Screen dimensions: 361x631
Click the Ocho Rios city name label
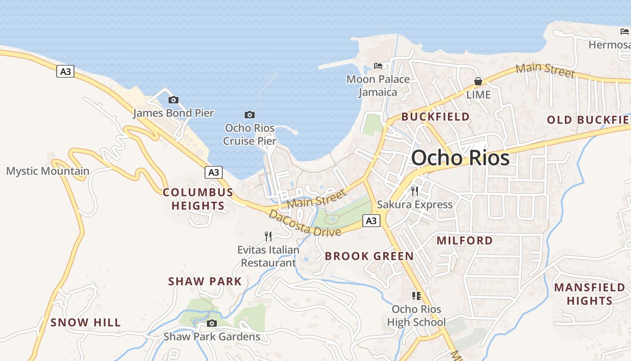[460, 158]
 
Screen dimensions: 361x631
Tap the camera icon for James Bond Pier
[173, 100]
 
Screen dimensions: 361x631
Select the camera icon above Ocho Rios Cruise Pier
[249, 115]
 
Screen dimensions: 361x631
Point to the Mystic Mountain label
[48, 171]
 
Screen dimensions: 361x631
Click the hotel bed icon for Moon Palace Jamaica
[378, 66]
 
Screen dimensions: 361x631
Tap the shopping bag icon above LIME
[478, 81]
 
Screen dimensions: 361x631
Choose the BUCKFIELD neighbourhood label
[435, 116]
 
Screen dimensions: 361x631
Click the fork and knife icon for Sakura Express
[415, 191]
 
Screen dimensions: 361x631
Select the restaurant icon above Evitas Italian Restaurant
[268, 236]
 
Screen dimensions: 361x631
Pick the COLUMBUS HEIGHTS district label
[198, 199]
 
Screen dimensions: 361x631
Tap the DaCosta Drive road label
[304, 223]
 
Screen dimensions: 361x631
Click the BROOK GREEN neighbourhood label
[369, 256]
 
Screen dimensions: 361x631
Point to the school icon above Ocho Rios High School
[416, 296]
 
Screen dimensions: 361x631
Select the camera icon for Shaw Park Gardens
[211, 323]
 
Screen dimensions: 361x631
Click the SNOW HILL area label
[86, 322]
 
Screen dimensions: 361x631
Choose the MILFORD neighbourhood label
[465, 241]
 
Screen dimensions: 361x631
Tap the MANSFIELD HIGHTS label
[590, 294]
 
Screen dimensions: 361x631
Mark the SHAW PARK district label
[205, 281]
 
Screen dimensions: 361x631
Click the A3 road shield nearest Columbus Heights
[214, 172]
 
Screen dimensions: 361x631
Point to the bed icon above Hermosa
[624, 31]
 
